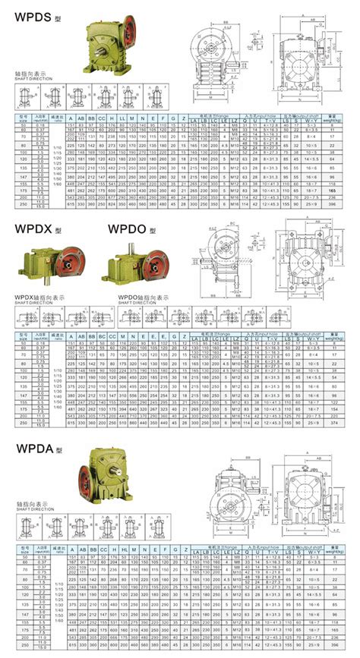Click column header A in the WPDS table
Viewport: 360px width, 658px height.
(71, 118)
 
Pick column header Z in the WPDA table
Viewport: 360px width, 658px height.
(184, 548)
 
